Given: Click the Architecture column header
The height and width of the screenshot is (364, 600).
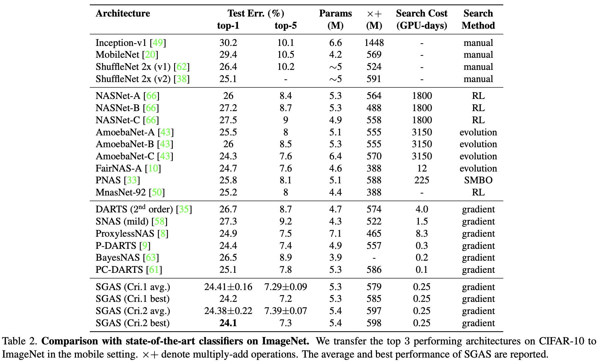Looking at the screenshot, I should pos(123,14).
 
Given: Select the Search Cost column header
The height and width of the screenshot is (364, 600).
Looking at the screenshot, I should pos(421,14).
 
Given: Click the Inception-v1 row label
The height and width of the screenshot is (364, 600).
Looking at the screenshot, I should pos(121,43).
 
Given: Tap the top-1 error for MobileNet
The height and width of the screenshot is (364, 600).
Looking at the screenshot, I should pos(228,55).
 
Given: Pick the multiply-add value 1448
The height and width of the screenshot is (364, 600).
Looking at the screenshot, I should pos(374,43).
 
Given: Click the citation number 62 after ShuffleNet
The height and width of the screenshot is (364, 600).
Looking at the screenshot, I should pos(182,67).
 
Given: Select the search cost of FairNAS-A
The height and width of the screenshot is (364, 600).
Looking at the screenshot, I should pos(421,168).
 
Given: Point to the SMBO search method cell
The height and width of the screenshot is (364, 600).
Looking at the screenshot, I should pos(478,180).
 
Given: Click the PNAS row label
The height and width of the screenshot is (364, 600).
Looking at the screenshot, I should pos(108,180).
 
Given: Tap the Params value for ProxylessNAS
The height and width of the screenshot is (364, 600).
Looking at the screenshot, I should pos(335,234).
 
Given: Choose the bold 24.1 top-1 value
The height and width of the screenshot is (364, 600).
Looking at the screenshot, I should pos(228,323).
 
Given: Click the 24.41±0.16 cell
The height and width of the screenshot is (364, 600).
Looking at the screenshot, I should pos(228,287).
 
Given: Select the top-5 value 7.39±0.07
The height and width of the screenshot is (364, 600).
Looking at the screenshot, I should pos(285,311).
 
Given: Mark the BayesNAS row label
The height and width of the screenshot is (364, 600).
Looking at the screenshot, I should pos(117,258).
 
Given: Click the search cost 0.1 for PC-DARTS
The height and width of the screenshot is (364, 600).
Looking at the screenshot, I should pos(421,270).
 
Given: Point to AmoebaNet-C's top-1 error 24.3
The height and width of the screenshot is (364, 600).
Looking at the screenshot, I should pos(228,156).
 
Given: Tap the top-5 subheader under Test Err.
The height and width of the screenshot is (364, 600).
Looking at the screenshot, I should pos(285,26).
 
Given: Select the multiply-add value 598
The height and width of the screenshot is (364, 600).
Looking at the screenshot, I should pos(374,323).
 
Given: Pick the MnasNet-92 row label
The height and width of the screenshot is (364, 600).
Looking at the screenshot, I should pos(120,192).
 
